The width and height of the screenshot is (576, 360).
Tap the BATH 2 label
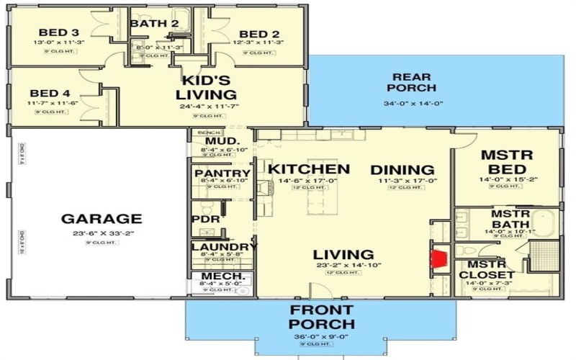pos(154,24)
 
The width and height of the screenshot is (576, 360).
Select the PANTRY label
pos(222,174)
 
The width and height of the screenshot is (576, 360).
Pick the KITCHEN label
pos(309,170)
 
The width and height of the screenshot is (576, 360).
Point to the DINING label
pos(402,170)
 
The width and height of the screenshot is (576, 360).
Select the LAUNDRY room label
pos(224,247)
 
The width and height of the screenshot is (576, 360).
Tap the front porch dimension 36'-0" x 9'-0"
pos(320,336)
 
